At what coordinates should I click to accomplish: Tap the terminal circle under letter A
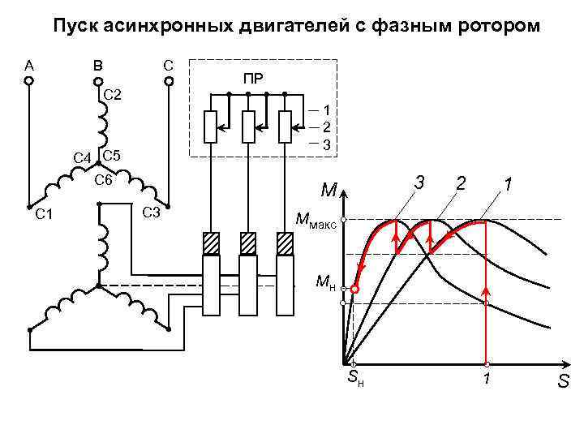tap(28, 81)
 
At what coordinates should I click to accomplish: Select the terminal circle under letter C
tap(170, 81)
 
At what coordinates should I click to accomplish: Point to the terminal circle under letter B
tap(98, 81)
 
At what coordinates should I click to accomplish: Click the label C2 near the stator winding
tap(113, 97)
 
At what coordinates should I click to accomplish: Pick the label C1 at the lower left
tap(43, 215)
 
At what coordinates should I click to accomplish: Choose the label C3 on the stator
tap(151, 213)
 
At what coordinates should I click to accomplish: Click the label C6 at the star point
tap(103, 180)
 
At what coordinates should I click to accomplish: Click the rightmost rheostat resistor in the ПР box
tap(285, 127)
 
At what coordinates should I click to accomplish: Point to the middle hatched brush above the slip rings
tap(248, 243)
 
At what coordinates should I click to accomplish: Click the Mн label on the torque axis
tap(325, 283)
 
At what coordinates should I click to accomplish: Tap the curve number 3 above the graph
tap(419, 183)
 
